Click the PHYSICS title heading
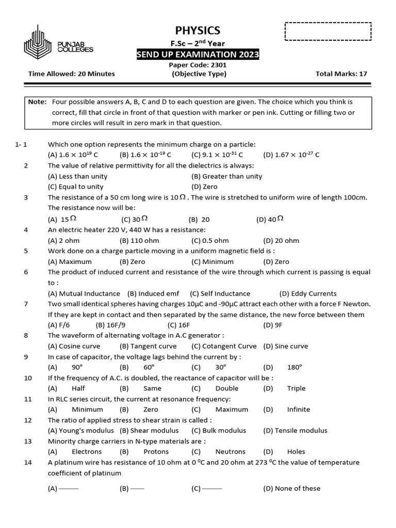click(x=198, y=30)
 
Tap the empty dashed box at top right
click(x=328, y=31)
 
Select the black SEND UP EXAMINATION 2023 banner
click(x=198, y=55)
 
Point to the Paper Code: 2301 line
click(x=198, y=65)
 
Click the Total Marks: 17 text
click(x=341, y=74)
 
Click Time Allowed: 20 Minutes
click(x=71, y=74)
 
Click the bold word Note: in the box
click(x=37, y=102)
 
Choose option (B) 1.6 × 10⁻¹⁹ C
click(x=145, y=155)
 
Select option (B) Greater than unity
click(x=226, y=176)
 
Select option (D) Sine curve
click(x=285, y=346)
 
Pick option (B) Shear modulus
click(x=149, y=431)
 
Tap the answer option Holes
click(x=296, y=452)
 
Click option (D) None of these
click(x=291, y=488)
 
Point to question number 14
click(x=28, y=463)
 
